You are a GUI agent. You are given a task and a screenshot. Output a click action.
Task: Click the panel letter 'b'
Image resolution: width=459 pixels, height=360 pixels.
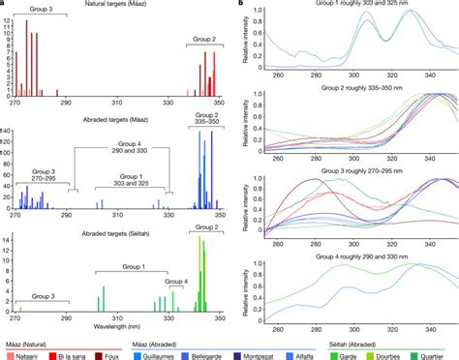click(242, 5)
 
